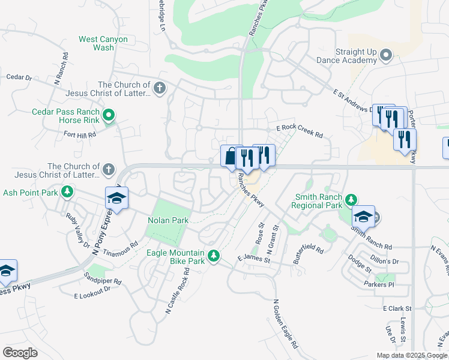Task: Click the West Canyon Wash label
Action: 103,43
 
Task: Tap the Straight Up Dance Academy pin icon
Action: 387,56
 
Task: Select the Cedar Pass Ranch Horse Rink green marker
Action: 109,115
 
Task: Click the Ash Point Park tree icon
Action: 68,192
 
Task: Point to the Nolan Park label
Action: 168,220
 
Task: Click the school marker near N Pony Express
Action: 117,199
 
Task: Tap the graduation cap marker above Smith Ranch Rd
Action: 363,217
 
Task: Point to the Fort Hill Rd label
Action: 80,135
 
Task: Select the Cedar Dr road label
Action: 19,77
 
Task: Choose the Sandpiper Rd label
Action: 103,281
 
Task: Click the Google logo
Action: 20,352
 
